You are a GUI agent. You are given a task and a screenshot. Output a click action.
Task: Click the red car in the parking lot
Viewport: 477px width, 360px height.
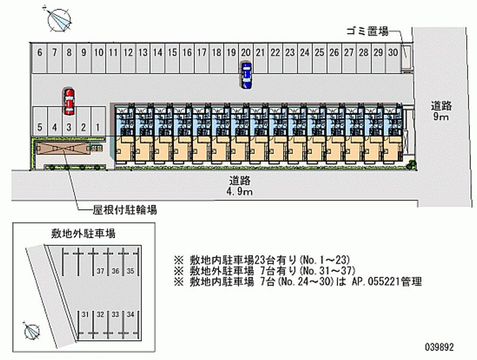[69, 101]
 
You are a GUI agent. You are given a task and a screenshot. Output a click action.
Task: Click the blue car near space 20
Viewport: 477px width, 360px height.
[246, 75]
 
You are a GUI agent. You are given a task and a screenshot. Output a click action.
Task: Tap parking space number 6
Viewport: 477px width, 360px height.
[39, 52]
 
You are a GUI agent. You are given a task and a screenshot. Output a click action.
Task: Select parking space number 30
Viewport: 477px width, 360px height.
[392, 52]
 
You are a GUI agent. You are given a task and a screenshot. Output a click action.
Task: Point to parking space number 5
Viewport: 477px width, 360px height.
[39, 127]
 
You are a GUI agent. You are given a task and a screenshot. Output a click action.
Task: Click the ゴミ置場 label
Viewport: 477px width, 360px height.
[367, 32]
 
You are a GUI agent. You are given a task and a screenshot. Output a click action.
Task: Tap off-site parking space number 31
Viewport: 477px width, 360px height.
[86, 314]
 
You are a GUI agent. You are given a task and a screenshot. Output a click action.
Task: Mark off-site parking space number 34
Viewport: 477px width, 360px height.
[131, 314]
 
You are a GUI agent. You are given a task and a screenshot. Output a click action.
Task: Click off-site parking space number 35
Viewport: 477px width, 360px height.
[131, 272]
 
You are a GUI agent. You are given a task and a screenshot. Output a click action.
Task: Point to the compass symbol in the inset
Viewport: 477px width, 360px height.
[32, 328]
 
